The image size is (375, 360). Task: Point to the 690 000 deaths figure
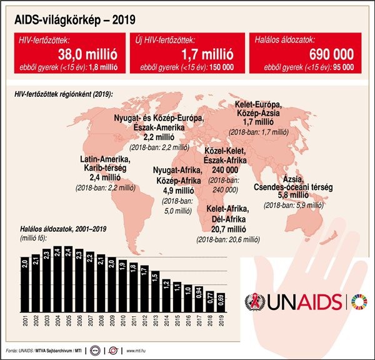[x=331, y=54]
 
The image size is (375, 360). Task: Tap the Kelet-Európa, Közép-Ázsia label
[x=258, y=113]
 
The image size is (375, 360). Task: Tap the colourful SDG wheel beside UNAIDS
[x=359, y=301]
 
